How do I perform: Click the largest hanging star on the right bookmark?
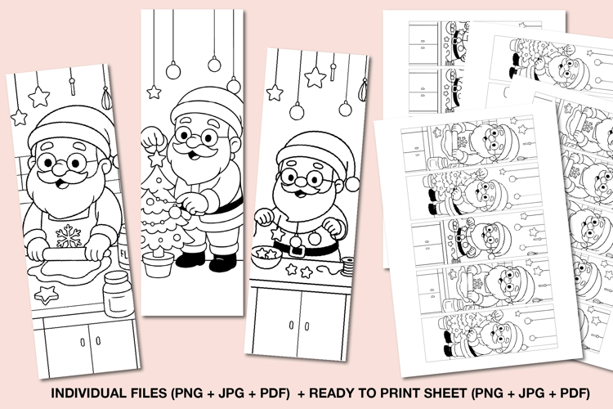[315, 77]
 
